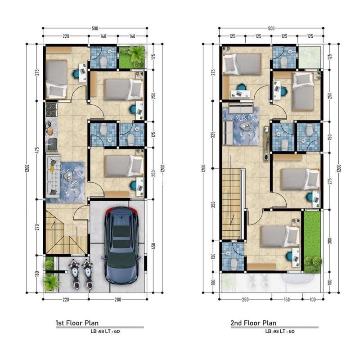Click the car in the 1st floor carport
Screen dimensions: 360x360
pos(121,245)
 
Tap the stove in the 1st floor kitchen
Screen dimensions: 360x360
pos(51,110)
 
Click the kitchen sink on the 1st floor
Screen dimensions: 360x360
pos(52,144)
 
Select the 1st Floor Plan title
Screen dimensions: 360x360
pos(77,323)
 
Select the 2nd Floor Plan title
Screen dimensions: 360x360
pos(253,323)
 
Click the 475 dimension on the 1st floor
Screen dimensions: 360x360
pos(38,150)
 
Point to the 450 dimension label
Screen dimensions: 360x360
pos(153,246)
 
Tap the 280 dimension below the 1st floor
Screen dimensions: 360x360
pos(117,299)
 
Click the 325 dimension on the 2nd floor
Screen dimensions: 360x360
pos(213,135)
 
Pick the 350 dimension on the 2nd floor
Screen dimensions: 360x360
pos(213,205)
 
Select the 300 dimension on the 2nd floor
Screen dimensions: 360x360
pos(330,241)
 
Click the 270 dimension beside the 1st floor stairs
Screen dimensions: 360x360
pos(38,227)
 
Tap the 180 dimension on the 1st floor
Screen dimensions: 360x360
pos(38,274)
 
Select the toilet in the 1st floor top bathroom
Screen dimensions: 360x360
pos(103,61)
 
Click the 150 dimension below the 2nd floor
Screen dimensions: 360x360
pos(287,299)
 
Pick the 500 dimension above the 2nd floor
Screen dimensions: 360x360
pos(271,28)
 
